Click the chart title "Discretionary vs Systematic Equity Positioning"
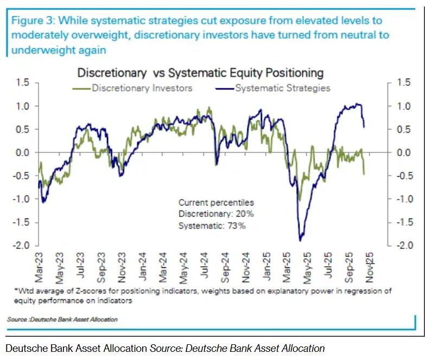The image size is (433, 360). coord(200,72)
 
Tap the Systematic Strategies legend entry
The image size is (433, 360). coord(282,88)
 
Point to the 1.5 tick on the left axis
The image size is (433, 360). coord(23,82)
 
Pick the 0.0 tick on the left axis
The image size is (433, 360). coord(23,152)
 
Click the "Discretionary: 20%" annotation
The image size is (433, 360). coord(216,214)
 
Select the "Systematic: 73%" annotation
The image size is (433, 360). coord(212,226)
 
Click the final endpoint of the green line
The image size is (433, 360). coord(364,174)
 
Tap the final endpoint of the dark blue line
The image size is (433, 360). coord(364,127)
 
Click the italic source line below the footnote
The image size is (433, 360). coord(62,319)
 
